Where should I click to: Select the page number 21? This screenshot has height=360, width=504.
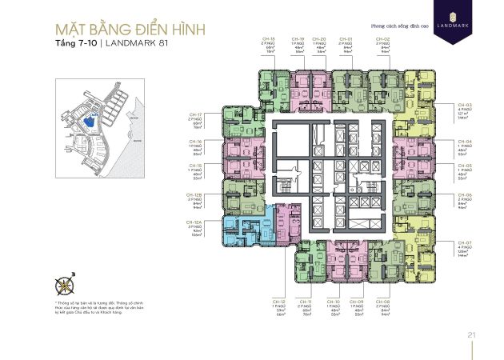click(473, 334)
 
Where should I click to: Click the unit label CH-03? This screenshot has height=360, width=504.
click(465, 104)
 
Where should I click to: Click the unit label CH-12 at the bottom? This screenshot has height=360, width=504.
click(280, 301)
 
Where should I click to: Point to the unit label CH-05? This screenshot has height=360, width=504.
click(465, 166)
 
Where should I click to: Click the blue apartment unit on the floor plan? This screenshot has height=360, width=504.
click(242, 232)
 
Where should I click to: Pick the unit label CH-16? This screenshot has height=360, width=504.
click(193, 142)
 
